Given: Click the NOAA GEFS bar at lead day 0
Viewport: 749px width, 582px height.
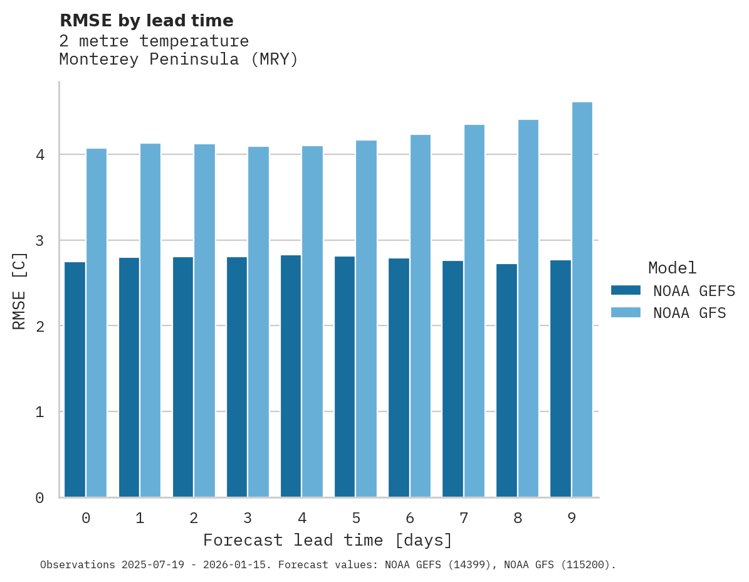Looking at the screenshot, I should click(75, 379).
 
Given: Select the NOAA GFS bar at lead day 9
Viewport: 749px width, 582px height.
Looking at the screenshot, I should click(582, 300).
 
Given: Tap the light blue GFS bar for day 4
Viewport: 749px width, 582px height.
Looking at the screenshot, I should click(312, 321).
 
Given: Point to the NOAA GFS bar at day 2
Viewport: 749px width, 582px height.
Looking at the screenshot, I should click(204, 320).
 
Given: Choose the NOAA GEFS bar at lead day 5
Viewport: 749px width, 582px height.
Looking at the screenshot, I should click(345, 376).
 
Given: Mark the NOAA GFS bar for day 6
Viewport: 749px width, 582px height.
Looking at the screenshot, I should click(420, 316).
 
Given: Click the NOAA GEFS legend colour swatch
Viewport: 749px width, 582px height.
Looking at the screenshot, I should click(626, 290).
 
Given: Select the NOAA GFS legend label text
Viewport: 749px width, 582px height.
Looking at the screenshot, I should click(689, 313).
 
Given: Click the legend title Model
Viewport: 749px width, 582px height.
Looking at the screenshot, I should click(672, 268).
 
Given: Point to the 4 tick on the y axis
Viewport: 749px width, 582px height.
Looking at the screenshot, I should click(39, 154).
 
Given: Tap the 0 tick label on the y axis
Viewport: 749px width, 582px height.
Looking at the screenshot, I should click(39, 498).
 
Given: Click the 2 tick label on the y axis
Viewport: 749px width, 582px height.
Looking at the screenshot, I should click(39, 326).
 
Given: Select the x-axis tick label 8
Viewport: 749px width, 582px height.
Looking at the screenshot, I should click(518, 518).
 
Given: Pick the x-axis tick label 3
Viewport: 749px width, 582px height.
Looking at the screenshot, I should click(248, 518).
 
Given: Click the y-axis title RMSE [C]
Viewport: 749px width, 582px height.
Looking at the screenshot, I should click(19, 290).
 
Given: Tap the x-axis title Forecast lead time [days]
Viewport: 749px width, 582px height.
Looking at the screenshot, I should click(327, 540).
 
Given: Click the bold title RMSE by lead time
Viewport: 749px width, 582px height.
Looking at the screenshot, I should click(146, 21).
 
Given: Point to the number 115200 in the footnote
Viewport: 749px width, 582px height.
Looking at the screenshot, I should click(584, 565).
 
